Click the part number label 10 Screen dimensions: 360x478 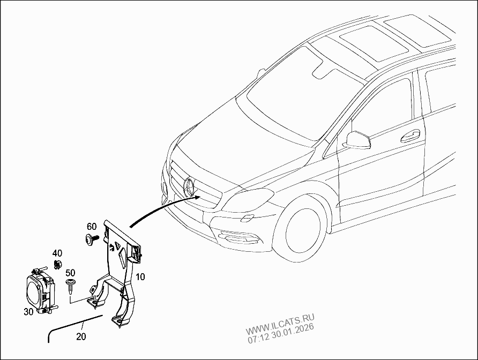(x=140, y=277)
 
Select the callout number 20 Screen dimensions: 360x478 (x=81, y=337)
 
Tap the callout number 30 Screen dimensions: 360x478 (x=28, y=310)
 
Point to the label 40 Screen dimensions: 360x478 (x=57, y=253)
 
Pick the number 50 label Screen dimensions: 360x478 (x=70, y=273)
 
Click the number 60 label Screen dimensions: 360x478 (x=91, y=226)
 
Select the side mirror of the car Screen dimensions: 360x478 (x=356, y=139)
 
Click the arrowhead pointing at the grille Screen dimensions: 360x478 (x=198, y=197)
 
